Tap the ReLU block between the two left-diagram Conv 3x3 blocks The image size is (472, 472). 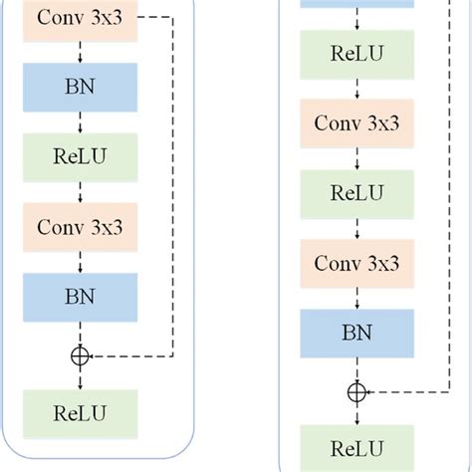(x=80, y=157)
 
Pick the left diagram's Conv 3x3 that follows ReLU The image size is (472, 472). (x=80, y=226)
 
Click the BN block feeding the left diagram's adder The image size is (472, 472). (x=80, y=295)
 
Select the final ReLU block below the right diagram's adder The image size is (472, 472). (x=356, y=447)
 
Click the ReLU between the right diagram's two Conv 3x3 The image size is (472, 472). (x=356, y=193)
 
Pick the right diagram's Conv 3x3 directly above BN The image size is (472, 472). (x=356, y=263)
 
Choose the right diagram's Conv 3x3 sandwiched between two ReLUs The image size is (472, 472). (x=356, y=123)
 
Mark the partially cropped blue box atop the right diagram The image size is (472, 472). (x=356, y=4)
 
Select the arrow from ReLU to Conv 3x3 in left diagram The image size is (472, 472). (x=80, y=191)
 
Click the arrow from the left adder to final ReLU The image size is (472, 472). (x=80, y=378)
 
